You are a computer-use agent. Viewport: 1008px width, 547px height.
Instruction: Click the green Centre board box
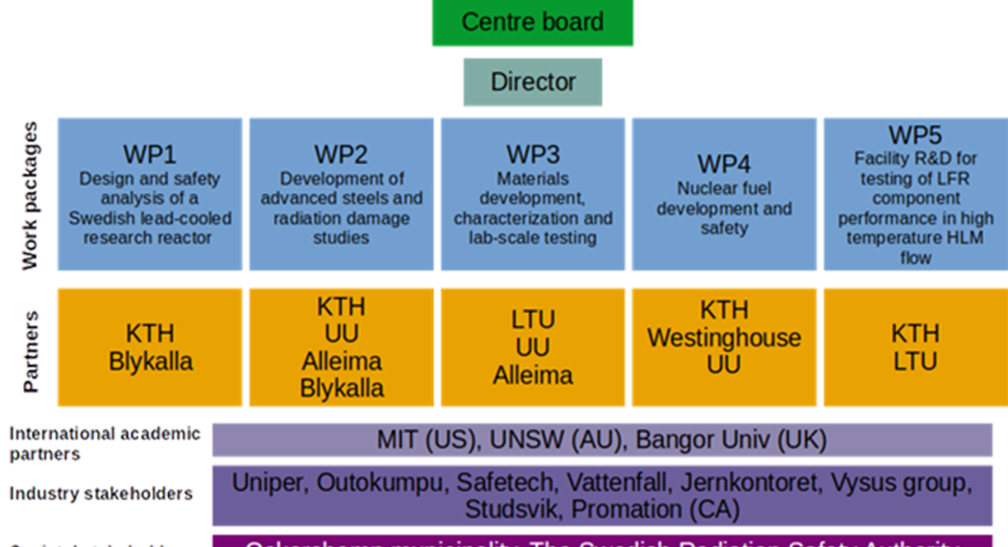pyautogui.click(x=532, y=23)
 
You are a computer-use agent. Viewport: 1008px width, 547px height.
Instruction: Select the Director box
pyautogui.click(x=532, y=82)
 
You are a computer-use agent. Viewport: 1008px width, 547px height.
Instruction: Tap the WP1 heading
pyautogui.click(x=149, y=155)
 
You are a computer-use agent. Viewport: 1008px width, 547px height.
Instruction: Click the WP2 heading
pyautogui.click(x=341, y=155)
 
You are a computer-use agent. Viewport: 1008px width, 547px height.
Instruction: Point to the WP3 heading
pyautogui.click(x=532, y=155)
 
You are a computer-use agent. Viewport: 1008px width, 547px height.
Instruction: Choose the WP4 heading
pyautogui.click(x=724, y=164)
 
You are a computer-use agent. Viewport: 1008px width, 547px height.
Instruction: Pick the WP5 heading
pyautogui.click(x=915, y=136)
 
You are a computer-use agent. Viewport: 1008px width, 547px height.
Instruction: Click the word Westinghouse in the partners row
pyautogui.click(x=724, y=338)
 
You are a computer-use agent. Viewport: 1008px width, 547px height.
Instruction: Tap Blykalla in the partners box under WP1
pyautogui.click(x=151, y=361)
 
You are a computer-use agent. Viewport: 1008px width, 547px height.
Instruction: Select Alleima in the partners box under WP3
pyautogui.click(x=532, y=375)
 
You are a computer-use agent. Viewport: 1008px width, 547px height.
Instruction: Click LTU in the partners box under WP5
pyautogui.click(x=915, y=361)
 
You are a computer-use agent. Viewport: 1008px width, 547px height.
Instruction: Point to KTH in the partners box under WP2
pyautogui.click(x=341, y=307)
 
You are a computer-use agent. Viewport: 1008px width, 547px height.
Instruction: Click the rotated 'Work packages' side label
pyautogui.click(x=31, y=196)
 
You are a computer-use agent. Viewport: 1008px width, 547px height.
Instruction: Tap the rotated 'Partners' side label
pyautogui.click(x=31, y=350)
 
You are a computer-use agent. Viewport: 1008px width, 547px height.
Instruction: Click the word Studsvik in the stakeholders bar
pyautogui.click(x=513, y=509)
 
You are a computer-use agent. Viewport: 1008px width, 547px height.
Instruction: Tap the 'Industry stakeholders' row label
pyautogui.click(x=102, y=493)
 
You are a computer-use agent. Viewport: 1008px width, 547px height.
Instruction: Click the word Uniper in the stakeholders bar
pyautogui.click(x=269, y=483)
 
